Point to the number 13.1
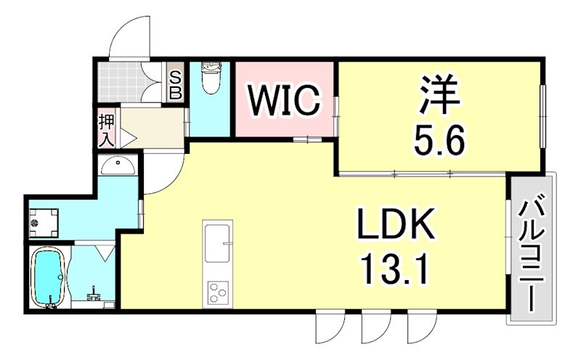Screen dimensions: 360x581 [x=395, y=271]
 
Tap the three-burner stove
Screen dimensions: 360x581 [x=218, y=292]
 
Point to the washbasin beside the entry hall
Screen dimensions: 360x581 [x=118, y=167]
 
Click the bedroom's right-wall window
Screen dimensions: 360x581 [x=541, y=116]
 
